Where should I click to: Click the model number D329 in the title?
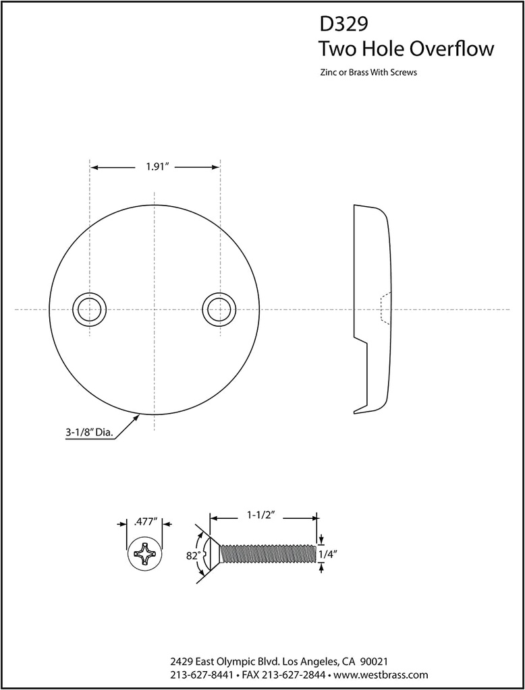click(x=343, y=25)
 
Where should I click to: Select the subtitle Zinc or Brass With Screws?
click(x=368, y=72)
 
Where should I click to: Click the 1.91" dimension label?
click(x=156, y=168)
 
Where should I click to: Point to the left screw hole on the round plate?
click(x=89, y=309)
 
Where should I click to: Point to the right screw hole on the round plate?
click(x=219, y=309)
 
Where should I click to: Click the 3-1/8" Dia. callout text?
click(x=88, y=434)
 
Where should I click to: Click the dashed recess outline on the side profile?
click(x=384, y=309)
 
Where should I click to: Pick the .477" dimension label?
click(x=145, y=521)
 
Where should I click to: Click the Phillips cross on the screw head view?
click(x=145, y=554)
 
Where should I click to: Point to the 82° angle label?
click(x=194, y=556)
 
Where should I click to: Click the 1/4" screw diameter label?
click(x=328, y=554)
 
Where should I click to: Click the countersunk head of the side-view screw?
click(x=211, y=554)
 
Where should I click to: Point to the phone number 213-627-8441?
click(x=202, y=675)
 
